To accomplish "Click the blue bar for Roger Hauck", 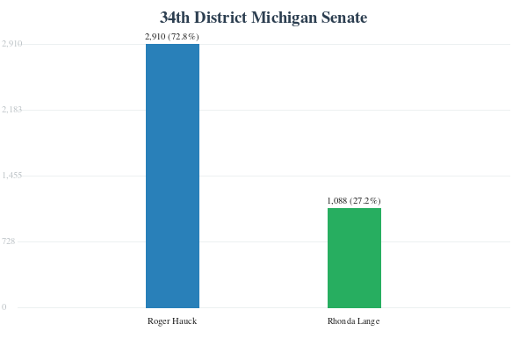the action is pyautogui.click(x=172, y=176).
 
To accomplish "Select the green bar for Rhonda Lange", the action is pyautogui.click(x=354, y=258).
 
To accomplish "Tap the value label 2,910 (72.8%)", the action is pyautogui.click(x=172, y=36).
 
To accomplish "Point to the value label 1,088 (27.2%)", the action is pyautogui.click(x=354, y=201).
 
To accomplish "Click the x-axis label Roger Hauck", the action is pyautogui.click(x=172, y=321).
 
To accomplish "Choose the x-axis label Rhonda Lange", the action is pyautogui.click(x=354, y=321).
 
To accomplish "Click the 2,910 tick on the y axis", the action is pyautogui.click(x=11, y=44).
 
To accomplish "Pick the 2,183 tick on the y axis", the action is pyautogui.click(x=11, y=110).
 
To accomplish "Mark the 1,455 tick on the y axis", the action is pyautogui.click(x=11, y=176).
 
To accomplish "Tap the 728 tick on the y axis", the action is pyautogui.click(x=9, y=241).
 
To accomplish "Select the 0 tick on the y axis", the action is pyautogui.click(x=4, y=307).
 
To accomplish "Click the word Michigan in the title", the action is pyautogui.click(x=284, y=18).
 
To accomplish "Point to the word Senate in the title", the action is pyautogui.click(x=344, y=18).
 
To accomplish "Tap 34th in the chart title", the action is pyautogui.click(x=175, y=18).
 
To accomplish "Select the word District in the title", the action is pyautogui.click(x=220, y=18).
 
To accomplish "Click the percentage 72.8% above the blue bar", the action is pyautogui.click(x=184, y=36).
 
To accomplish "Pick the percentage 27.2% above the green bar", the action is pyautogui.click(x=365, y=201).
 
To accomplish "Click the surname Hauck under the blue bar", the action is pyautogui.click(x=184, y=321).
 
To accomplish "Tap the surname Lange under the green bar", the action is pyautogui.click(x=368, y=321).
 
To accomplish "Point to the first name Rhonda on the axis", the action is pyautogui.click(x=342, y=321).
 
